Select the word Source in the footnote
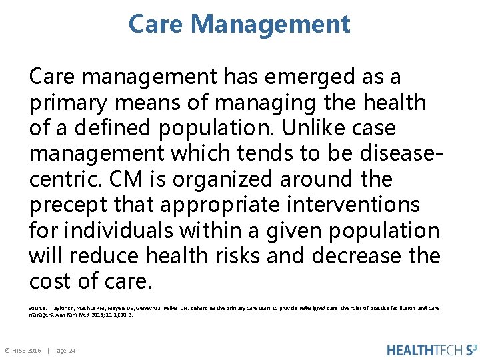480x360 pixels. (37, 307)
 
